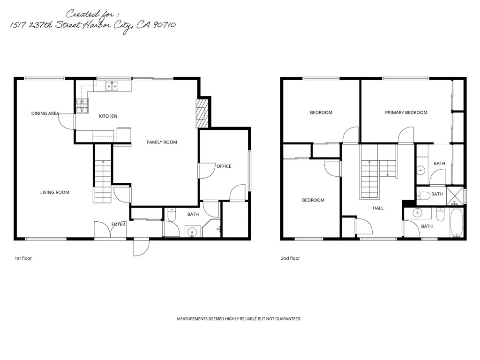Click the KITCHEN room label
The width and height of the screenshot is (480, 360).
click(x=108, y=116)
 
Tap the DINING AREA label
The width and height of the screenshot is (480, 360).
click(x=45, y=113)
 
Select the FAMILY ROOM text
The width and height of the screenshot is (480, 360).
click(x=162, y=142)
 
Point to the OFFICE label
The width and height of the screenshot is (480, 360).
click(x=224, y=166)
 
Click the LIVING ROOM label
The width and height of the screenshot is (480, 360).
click(x=55, y=192)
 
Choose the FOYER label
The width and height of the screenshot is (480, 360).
click(x=118, y=225)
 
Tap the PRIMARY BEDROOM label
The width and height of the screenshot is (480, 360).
click(x=406, y=112)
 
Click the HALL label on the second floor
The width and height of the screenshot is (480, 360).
click(x=378, y=208)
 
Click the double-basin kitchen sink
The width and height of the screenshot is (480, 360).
click(x=112, y=86)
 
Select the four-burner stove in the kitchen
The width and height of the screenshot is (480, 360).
click(x=82, y=106)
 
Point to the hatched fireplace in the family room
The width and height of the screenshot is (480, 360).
click(x=201, y=112)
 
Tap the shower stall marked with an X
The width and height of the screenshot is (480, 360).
click(x=454, y=196)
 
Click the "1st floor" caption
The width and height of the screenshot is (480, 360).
click(x=23, y=258)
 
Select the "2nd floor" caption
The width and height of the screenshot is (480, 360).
click(x=290, y=258)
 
